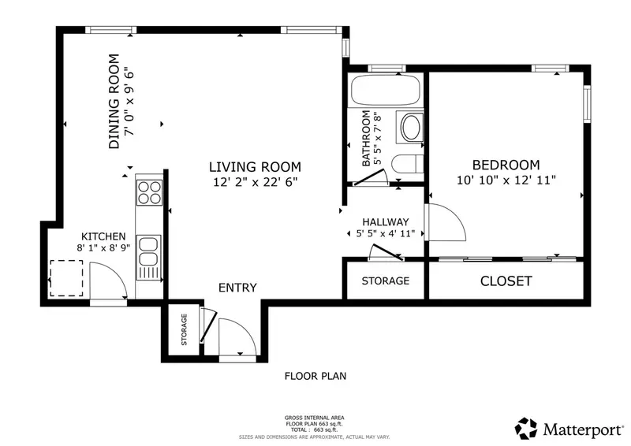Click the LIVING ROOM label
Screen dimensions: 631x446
(x=255, y=167)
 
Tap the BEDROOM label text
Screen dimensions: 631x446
(x=506, y=165)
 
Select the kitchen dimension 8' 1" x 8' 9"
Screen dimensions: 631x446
(x=103, y=247)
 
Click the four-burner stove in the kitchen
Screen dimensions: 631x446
(x=149, y=192)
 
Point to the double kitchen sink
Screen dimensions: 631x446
(x=149, y=258)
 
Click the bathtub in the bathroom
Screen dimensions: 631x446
(x=386, y=90)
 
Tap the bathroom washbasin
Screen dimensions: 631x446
(x=410, y=127)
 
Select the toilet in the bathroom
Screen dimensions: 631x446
(x=407, y=164)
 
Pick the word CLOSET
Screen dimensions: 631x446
(x=506, y=281)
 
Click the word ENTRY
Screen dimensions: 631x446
(x=237, y=288)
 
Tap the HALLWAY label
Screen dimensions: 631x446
(x=386, y=222)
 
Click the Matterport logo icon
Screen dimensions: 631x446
(x=526, y=429)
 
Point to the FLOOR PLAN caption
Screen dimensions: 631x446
(x=315, y=376)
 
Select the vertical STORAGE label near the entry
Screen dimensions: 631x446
(x=184, y=330)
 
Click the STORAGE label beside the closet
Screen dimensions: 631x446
(x=386, y=281)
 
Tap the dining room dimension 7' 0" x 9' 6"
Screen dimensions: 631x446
(x=129, y=103)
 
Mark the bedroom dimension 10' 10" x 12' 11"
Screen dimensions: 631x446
(x=506, y=180)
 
